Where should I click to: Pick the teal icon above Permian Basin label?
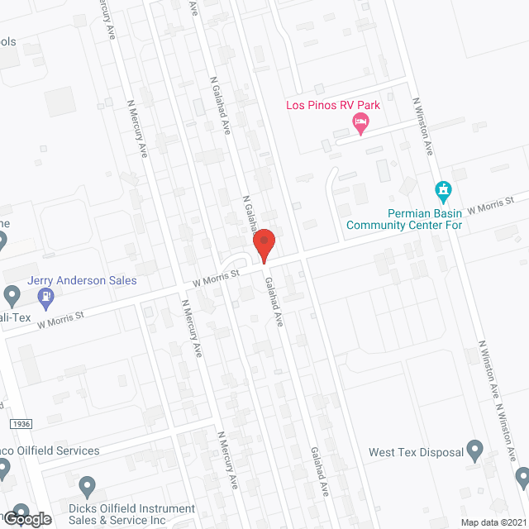pos(443,191)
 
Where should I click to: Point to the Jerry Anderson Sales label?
pos(82,280)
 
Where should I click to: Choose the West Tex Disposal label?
pos(414,452)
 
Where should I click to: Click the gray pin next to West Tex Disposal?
pos(474,450)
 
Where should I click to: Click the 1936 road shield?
pos(21,423)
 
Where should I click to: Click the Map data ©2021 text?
pos(493,522)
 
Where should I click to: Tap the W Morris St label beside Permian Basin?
pos(491,204)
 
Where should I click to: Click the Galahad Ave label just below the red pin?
pos(274,301)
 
